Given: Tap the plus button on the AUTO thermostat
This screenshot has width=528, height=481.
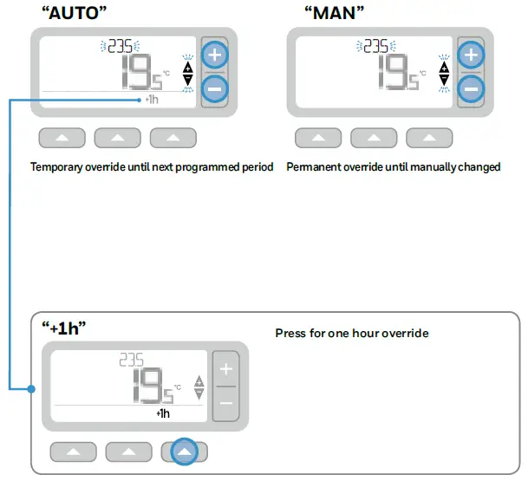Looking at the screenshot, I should click(214, 55).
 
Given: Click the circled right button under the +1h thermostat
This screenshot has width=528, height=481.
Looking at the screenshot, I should click(185, 452).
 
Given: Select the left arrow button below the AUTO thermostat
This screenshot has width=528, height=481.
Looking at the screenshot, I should click(62, 138).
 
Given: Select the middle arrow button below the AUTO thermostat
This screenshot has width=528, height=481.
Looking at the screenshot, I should click(117, 138).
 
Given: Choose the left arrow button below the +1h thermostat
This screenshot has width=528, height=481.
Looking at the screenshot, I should click(73, 452).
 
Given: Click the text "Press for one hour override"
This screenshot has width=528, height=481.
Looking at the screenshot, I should click(351, 333).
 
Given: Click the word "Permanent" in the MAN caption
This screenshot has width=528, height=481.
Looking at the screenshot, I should click(311, 166).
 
